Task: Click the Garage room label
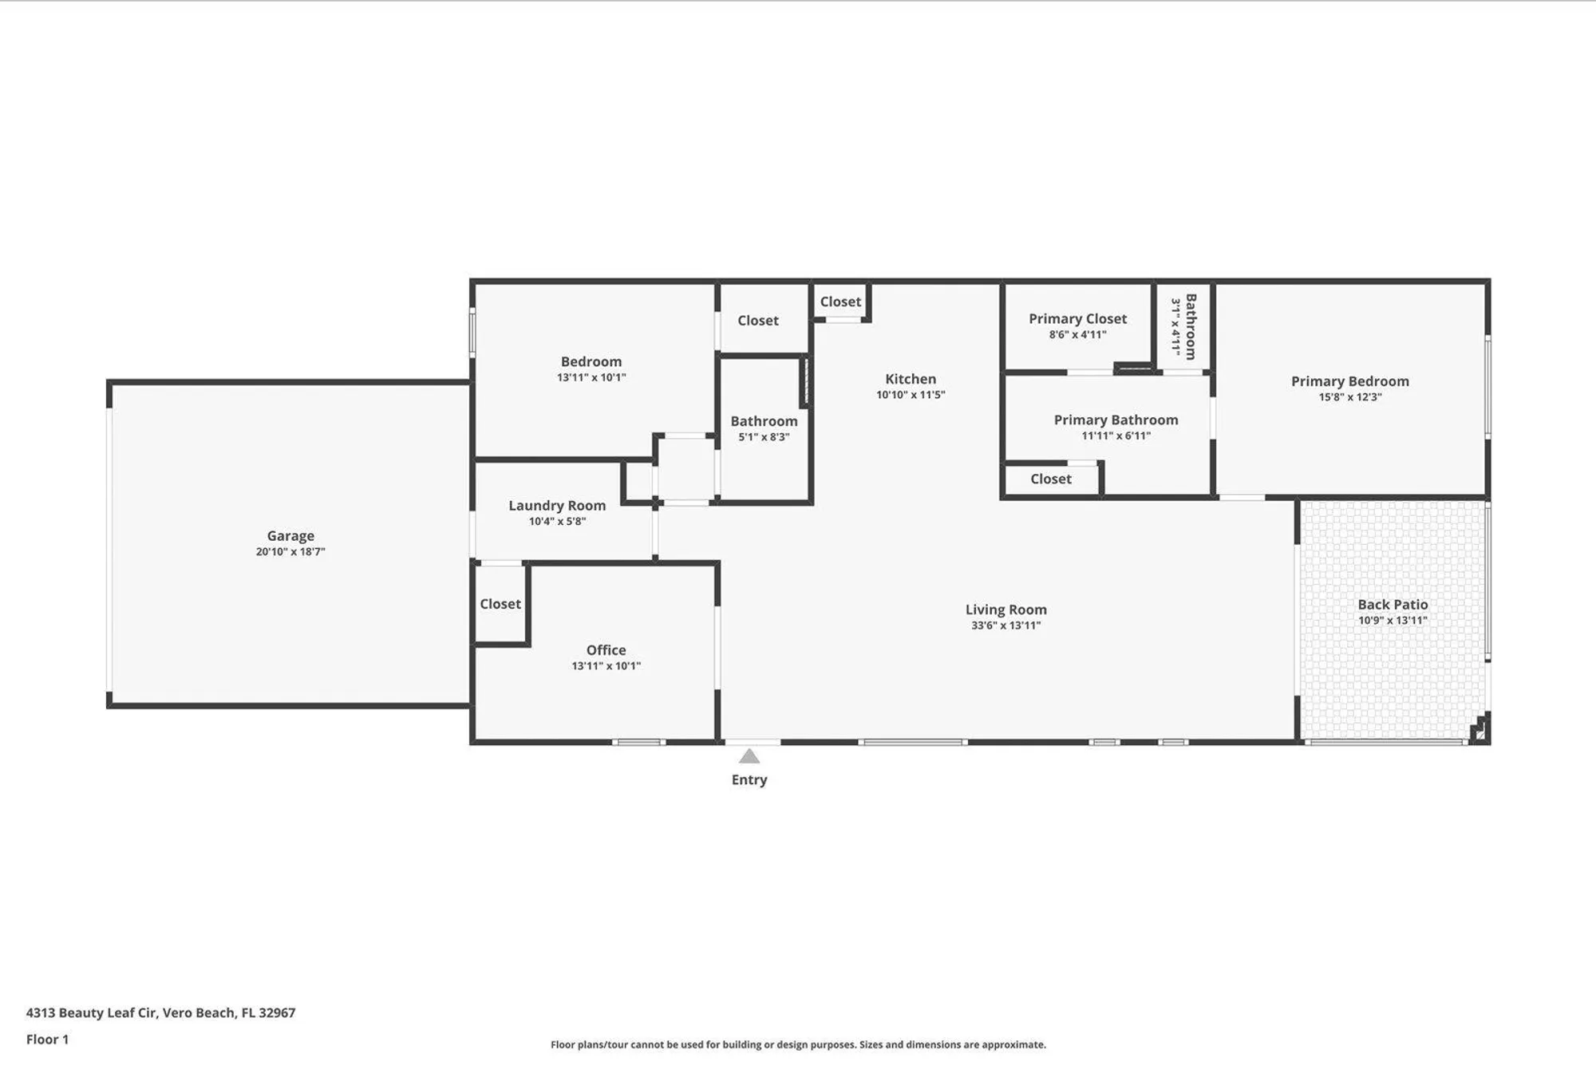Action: [290, 536]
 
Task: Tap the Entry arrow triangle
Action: [749, 756]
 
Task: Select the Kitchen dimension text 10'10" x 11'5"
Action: [911, 395]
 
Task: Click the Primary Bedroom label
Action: [1349, 381]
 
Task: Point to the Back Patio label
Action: [1393, 605]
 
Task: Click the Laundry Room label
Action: [557, 506]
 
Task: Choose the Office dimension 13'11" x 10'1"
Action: [606, 666]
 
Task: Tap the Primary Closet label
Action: [1077, 319]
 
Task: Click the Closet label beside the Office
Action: [500, 604]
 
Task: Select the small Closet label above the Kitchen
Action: [840, 302]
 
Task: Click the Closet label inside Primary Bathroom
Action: [1050, 479]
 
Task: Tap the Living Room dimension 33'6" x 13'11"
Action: [1005, 625]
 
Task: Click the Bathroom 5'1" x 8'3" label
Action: [764, 421]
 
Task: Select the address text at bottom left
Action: [160, 1012]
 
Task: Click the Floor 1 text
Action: [47, 1039]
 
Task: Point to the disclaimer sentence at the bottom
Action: [798, 1044]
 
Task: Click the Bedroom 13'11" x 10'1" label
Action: [591, 362]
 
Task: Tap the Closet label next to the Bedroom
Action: [757, 321]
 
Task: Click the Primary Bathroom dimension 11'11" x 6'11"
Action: [1116, 436]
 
